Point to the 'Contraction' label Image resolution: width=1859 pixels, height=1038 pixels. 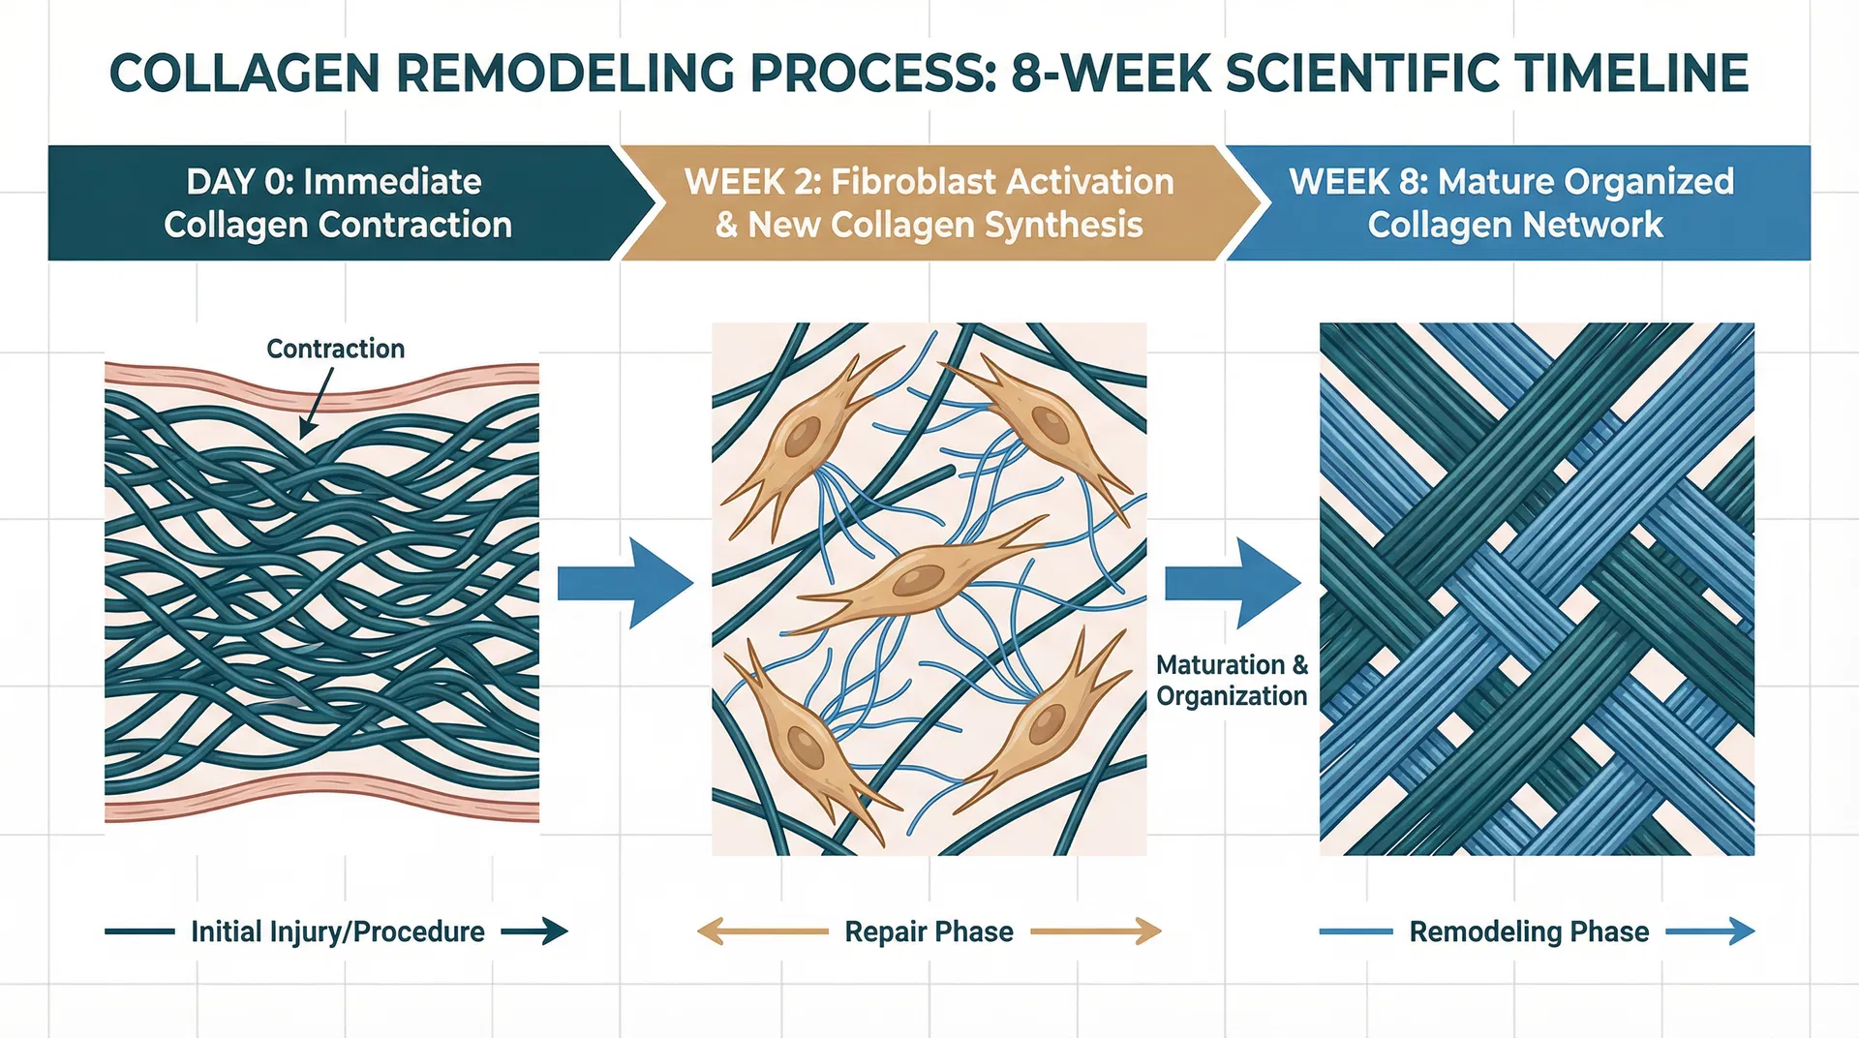click(335, 349)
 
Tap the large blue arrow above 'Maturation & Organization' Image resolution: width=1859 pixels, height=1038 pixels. click(1233, 584)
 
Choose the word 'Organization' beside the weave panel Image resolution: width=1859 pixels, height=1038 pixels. click(1232, 696)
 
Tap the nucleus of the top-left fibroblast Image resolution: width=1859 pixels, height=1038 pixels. click(802, 438)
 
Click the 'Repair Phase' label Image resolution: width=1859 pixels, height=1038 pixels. click(929, 931)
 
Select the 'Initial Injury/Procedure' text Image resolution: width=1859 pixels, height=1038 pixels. click(338, 931)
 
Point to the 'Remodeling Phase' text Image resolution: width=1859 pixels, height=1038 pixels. click(1529, 931)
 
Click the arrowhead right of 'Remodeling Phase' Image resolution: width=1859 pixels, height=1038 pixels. click(1741, 931)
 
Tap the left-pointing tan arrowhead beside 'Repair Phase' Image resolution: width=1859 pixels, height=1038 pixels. click(710, 931)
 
